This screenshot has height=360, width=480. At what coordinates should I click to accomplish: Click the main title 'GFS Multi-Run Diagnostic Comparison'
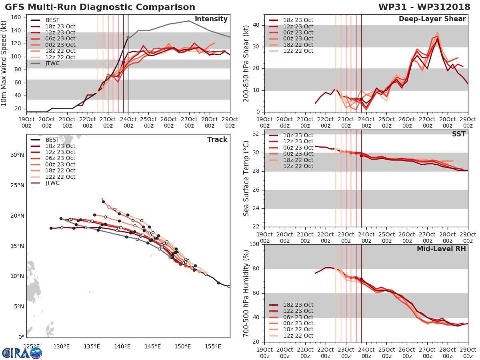click(100, 7)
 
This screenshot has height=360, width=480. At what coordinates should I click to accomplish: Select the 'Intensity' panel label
click(211, 19)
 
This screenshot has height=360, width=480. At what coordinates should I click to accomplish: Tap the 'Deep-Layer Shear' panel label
click(432, 19)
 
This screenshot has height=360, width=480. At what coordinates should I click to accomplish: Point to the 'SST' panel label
click(458, 134)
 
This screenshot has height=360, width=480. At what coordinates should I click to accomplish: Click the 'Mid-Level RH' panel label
click(441, 249)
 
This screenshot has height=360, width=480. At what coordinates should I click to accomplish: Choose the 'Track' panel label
click(217, 140)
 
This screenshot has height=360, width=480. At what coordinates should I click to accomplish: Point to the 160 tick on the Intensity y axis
click(19, 18)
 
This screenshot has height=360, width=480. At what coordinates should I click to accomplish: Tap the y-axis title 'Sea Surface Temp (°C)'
click(246, 178)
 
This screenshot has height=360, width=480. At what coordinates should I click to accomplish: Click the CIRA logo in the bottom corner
click(22, 353)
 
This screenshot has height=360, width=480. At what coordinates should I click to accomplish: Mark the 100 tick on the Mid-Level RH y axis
click(254, 244)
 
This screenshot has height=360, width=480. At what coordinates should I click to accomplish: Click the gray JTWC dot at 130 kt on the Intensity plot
click(128, 37)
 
